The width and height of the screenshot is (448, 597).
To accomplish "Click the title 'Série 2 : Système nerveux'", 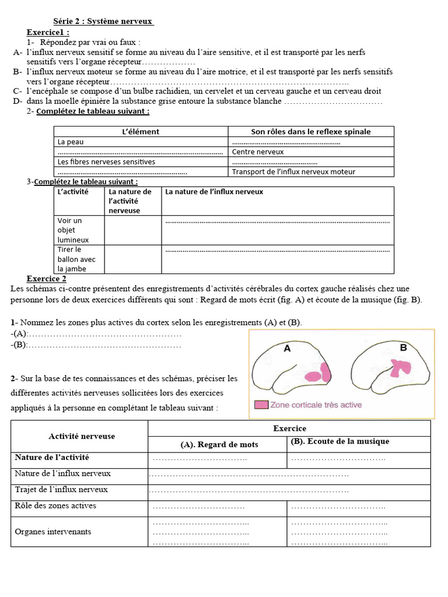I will (103, 22).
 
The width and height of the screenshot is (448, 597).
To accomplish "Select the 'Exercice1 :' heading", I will (48, 32).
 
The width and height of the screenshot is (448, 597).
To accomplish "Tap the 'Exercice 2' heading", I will (47, 278).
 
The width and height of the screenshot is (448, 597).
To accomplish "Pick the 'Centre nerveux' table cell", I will (258, 152).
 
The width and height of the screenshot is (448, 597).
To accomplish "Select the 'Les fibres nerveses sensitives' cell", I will (106, 161).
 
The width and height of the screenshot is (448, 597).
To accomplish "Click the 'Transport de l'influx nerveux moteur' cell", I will (293, 172).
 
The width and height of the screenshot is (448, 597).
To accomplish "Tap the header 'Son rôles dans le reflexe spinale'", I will (310, 132).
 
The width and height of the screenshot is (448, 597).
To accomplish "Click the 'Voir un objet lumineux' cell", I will (72, 230).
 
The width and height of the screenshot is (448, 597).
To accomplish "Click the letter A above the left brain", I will (287, 348).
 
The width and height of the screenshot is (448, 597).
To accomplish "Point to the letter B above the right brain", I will (402, 347).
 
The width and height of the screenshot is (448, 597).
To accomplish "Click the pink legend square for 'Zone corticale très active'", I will (261, 405).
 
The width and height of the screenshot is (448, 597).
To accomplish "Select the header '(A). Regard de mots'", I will (219, 444).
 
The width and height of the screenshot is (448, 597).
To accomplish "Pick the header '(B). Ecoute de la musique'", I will (339, 441).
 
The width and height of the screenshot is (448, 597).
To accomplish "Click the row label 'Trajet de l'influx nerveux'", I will (61, 490).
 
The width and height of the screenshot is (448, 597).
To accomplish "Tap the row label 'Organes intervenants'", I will (53, 532).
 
